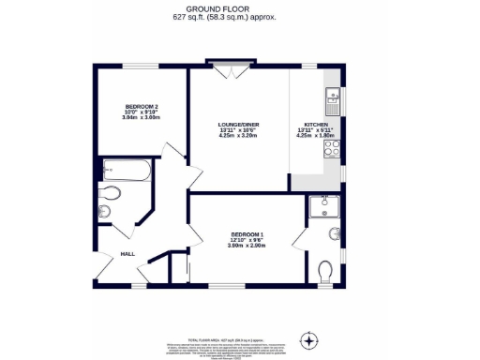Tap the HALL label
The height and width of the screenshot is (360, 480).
point(127,253)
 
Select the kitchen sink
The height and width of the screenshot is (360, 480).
point(333,96)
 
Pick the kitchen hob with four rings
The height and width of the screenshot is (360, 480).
point(332,148)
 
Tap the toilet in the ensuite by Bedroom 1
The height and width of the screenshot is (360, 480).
point(325,273)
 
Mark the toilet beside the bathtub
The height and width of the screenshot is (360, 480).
point(111,194)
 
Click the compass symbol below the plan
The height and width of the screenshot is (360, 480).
point(308,339)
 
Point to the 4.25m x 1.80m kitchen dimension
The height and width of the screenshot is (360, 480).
point(314,135)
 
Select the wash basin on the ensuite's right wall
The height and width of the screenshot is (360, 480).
point(337,234)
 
